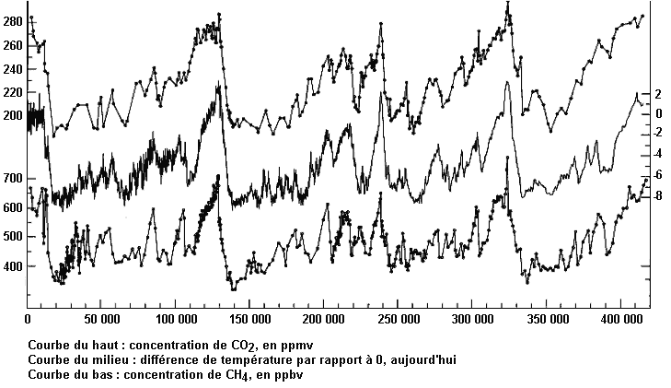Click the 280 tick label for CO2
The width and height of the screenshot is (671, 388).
(x=13, y=20)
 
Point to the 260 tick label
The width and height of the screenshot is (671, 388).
(x=13, y=45)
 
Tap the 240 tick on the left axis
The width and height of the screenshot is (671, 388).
(x=13, y=69)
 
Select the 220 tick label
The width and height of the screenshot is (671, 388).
(x=13, y=93)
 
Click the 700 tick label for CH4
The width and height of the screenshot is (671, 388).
(x=13, y=178)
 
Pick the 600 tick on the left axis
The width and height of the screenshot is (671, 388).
(x=13, y=208)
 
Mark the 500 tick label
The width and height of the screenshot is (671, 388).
(x=13, y=237)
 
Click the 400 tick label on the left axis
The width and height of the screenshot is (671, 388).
(x=13, y=266)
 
